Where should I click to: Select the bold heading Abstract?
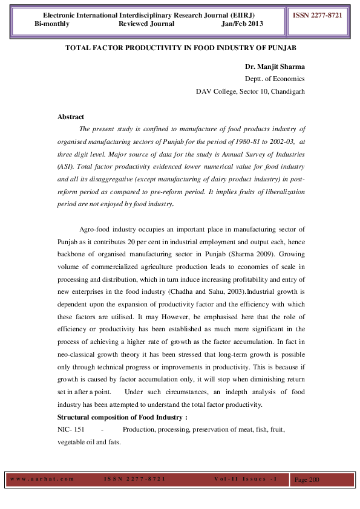(x=71, y=117)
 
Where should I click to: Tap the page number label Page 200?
(x=306, y=479)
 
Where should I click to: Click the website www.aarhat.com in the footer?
(x=42, y=479)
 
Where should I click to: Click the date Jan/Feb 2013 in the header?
(x=243, y=24)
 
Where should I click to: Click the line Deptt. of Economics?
(x=274, y=79)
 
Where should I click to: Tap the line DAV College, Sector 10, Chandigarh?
(x=250, y=91)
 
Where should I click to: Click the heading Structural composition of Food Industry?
(x=122, y=417)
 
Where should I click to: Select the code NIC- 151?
(x=71, y=429)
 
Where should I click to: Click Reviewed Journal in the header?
(x=146, y=24)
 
